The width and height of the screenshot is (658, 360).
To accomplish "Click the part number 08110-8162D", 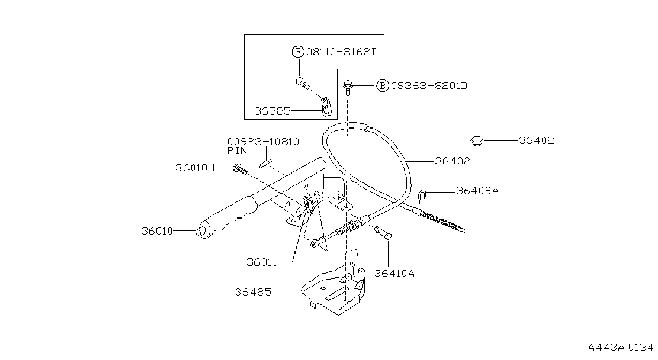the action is coord(342,52).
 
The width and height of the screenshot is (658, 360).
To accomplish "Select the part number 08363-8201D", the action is coord(429,86).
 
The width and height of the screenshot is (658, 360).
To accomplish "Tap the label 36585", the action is coord(273,111).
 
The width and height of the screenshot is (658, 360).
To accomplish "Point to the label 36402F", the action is coord(540,140).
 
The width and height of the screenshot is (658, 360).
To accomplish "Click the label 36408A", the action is coord(478,191).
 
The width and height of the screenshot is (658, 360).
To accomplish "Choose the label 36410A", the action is coord(394,274).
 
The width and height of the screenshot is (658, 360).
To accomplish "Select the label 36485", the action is coord(253,292).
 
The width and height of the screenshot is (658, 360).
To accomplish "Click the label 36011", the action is coord(262,262).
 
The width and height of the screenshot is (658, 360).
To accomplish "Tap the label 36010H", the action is coord(195,168).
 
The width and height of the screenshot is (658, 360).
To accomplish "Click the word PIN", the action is coord(237,151).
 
